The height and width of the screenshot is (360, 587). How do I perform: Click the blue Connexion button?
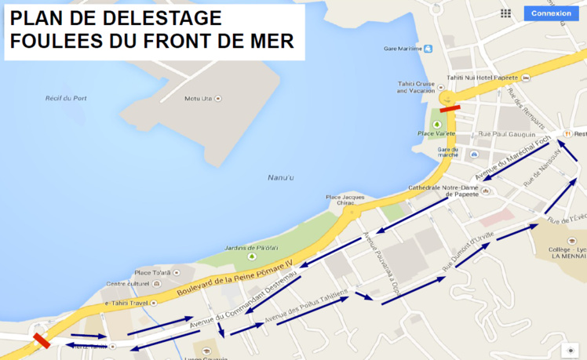(x=551, y=13)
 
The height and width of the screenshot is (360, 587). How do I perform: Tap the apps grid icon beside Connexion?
(x=505, y=13)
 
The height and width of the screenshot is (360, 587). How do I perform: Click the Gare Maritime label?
(x=403, y=49)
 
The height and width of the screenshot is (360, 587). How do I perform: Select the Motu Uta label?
(x=199, y=98)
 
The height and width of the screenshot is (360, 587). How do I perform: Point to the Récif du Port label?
(x=66, y=98)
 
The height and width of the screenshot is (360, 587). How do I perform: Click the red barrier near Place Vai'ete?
(x=450, y=109)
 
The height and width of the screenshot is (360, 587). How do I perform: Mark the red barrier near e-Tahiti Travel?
(x=42, y=340)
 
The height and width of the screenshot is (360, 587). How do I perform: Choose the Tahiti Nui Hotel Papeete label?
(x=483, y=78)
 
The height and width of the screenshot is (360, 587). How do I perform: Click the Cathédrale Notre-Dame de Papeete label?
(x=445, y=191)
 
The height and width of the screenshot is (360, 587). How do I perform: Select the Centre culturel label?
(x=127, y=284)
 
